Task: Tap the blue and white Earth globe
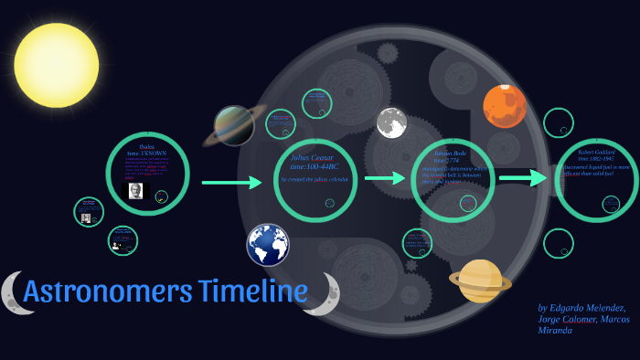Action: click(268, 245)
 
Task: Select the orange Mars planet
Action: click(504, 105)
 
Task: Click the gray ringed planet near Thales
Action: click(235, 125)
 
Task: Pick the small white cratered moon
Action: click(391, 122)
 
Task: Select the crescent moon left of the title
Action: click(12, 291)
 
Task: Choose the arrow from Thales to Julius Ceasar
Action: click(230, 183)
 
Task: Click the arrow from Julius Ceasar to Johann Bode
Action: click(385, 177)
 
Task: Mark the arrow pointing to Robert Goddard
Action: click(521, 179)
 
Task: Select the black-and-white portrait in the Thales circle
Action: click(133, 192)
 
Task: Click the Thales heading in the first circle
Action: click(147, 146)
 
